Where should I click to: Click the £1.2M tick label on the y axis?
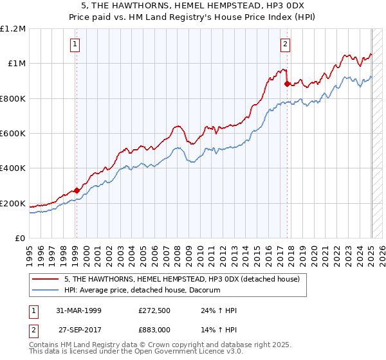tap(13, 28)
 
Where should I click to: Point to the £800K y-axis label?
tap(13, 98)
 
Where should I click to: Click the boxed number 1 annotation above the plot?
tap(76, 44)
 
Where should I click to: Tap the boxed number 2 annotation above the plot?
tap(284, 44)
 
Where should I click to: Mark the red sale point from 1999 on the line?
tap(77, 190)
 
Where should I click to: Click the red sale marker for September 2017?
tap(286, 84)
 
